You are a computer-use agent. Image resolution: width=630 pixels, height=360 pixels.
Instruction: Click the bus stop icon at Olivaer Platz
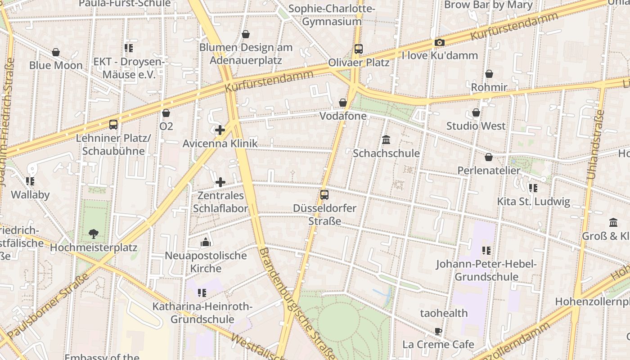(358, 49)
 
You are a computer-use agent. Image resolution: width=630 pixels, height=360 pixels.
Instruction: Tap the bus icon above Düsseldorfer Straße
(324, 195)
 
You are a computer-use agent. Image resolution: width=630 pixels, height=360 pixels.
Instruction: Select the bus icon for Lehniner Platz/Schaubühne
(113, 125)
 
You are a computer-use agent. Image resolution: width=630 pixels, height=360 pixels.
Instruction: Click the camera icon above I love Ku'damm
(439, 43)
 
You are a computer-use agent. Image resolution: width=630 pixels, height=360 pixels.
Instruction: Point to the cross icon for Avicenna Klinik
(220, 130)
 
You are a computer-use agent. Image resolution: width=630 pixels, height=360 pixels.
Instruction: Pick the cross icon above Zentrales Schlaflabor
(220, 182)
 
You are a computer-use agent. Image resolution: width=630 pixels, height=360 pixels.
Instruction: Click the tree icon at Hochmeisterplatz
(94, 234)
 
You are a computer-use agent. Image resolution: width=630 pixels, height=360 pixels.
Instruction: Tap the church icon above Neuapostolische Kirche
(206, 243)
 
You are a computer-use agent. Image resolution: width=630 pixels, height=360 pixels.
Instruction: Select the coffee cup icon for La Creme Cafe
(438, 332)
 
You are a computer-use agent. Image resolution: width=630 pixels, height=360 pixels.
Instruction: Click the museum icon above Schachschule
(386, 140)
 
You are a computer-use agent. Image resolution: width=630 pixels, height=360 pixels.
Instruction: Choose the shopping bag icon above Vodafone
(343, 103)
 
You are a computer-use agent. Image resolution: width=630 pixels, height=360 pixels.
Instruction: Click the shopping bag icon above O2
(166, 113)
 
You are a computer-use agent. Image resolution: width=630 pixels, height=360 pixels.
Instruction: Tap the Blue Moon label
(56, 65)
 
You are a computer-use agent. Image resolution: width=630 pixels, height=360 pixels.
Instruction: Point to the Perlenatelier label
(489, 171)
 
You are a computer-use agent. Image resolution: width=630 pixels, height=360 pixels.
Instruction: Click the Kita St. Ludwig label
(533, 201)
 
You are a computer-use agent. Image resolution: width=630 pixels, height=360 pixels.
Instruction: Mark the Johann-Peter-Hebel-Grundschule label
(486, 270)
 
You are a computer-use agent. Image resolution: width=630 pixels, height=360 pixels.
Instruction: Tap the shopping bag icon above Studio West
(476, 112)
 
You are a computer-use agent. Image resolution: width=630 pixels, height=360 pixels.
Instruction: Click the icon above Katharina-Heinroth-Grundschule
(202, 293)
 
